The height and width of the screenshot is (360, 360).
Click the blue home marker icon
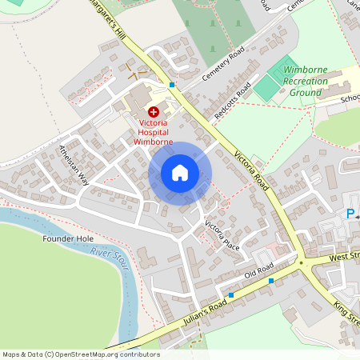tap(180, 173)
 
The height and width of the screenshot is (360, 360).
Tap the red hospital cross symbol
tap(153, 113)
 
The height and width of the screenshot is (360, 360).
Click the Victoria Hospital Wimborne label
tap(152, 132)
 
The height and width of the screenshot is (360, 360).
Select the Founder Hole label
tap(63, 238)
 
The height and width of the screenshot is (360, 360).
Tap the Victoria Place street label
tap(222, 234)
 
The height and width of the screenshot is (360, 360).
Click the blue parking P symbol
tap(350, 214)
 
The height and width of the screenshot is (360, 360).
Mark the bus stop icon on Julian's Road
tap(230, 295)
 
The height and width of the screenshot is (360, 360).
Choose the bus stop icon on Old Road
tap(271, 281)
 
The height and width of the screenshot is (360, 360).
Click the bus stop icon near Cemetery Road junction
tap(171, 85)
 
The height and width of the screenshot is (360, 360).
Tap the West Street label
tap(345, 258)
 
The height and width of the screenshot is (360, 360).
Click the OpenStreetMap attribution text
tap(80, 354)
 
